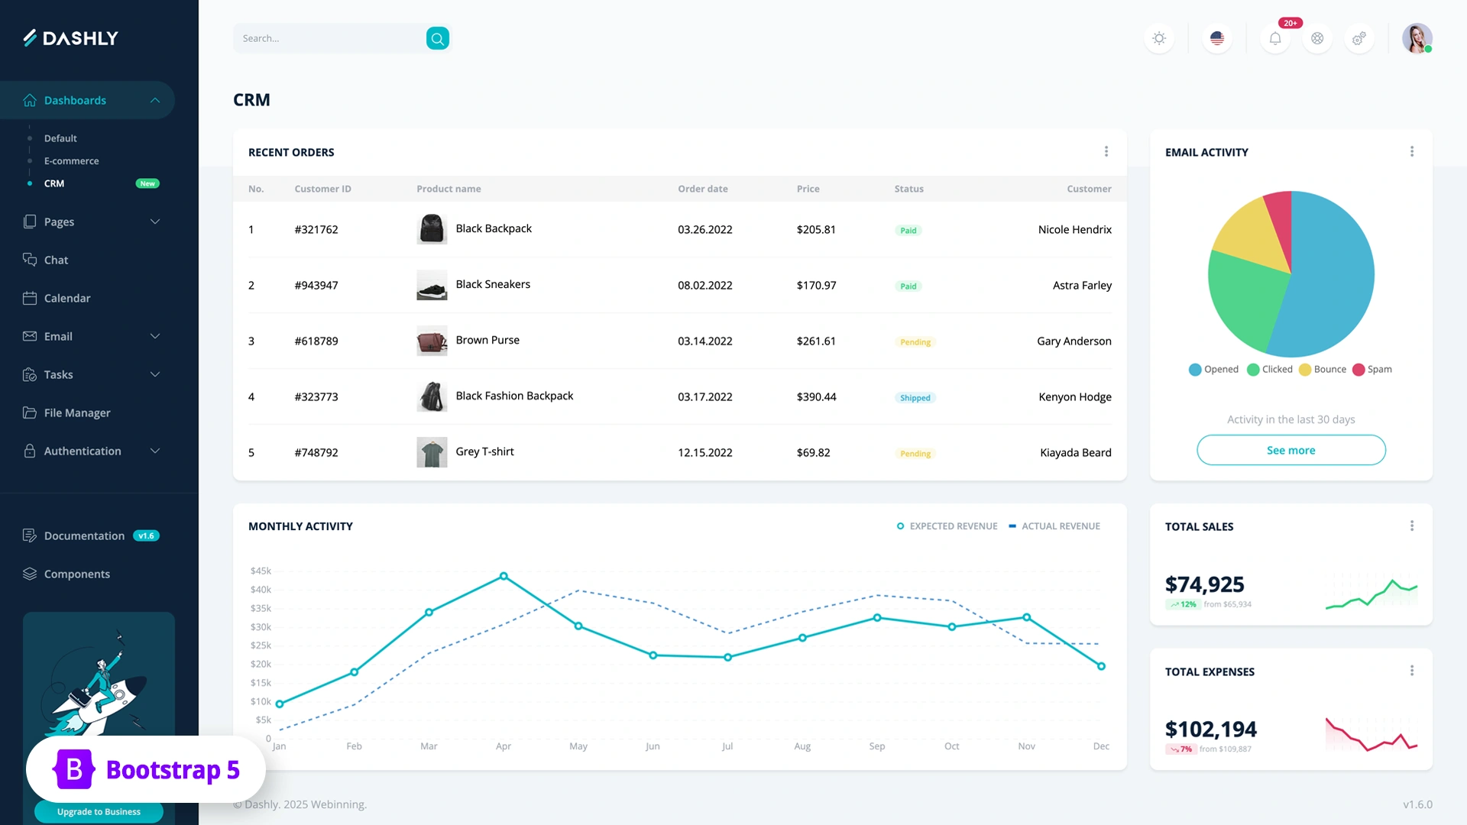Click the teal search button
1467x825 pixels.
[437, 38]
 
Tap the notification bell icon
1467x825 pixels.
[1275, 38]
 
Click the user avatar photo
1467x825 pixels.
[1417, 38]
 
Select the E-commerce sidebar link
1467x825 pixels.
[71, 161]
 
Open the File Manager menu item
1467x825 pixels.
[77, 412]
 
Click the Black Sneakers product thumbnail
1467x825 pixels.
[432, 286]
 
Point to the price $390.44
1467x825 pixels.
[816, 397]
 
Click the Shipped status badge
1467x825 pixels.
[915, 398]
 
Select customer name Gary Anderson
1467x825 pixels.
[1074, 341]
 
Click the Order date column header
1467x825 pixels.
[702, 189]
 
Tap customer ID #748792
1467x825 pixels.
[316, 453]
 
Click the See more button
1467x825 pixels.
[1291, 451]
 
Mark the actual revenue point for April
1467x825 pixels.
[504, 576]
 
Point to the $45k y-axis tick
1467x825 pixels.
[261, 571]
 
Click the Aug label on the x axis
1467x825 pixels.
[802, 746]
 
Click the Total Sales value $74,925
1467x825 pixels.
[1204, 585]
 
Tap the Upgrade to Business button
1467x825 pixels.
[99, 812]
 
